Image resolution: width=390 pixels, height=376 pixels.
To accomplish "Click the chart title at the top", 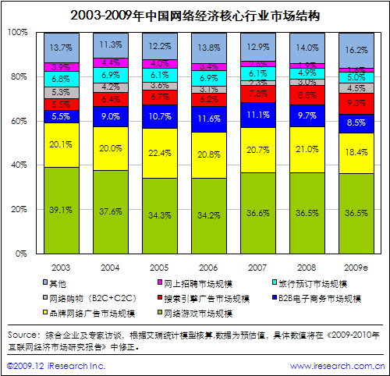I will [194, 15].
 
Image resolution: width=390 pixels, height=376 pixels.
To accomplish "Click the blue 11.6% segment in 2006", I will [209, 117].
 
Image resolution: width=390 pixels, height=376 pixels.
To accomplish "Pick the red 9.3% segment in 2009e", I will [356, 103].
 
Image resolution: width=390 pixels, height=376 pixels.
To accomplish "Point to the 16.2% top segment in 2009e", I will [356, 49].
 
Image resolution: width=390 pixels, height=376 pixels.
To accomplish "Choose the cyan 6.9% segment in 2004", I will [110, 74].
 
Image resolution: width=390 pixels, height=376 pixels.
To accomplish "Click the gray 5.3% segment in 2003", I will [61, 92].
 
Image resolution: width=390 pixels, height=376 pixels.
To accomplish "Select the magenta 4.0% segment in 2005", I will [160, 63].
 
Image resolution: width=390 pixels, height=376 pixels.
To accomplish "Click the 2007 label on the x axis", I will [257, 265].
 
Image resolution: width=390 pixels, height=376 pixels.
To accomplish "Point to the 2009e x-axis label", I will [356, 265].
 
